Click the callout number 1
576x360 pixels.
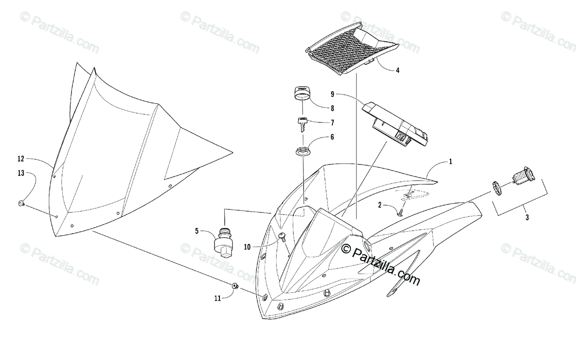coord(451,162)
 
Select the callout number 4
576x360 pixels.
coord(397,70)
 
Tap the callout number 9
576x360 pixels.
coord(359,94)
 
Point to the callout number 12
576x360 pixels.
coord(21,158)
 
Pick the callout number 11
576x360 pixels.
coord(217,298)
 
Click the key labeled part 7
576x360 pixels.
coord(303,124)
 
